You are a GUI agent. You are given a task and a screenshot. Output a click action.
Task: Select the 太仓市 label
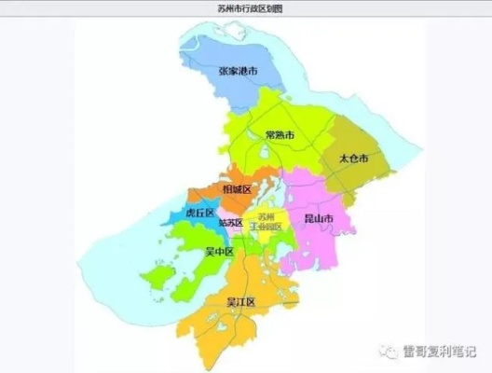point(354,159)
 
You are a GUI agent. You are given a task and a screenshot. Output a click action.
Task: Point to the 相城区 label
point(236,189)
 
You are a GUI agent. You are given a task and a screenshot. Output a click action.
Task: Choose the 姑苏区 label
point(230,223)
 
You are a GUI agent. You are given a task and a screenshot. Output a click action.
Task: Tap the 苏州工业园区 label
point(265,222)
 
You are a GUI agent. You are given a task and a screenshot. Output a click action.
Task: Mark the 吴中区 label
point(219,252)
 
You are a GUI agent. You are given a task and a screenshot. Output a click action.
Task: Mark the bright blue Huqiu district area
point(183,217)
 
